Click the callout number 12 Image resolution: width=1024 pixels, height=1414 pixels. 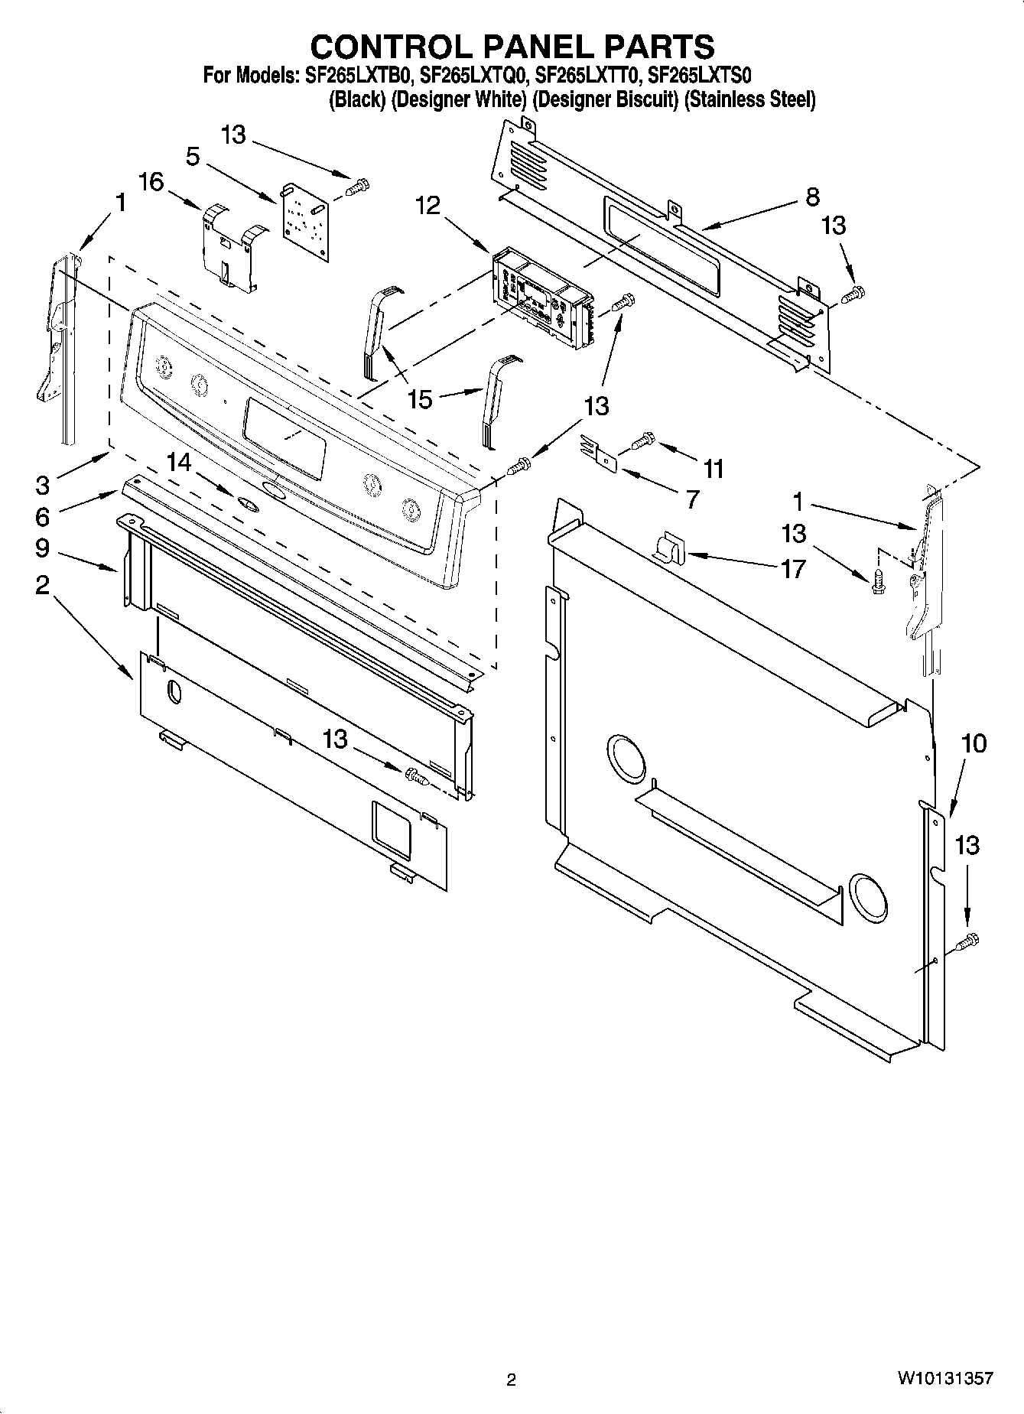428,205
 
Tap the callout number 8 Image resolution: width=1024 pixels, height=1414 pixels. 812,197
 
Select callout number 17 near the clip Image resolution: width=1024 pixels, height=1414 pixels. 793,568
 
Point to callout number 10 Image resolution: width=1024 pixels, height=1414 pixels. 974,743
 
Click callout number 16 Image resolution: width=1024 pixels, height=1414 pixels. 151,182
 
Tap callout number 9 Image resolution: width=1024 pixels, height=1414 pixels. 42,548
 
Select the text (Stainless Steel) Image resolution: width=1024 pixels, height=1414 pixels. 749,99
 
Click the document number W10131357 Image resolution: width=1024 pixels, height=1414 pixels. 945,1379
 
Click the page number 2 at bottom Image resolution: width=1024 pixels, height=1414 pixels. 511,1380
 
